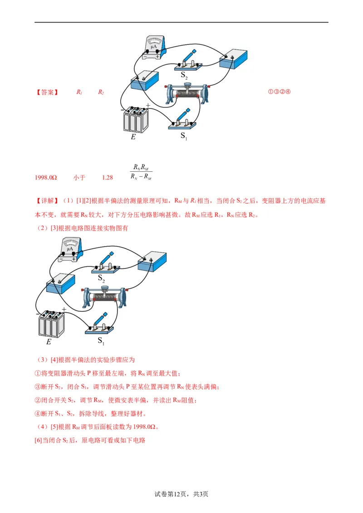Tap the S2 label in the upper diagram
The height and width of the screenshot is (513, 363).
click(x=184, y=76)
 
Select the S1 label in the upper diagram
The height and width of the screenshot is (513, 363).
click(x=184, y=136)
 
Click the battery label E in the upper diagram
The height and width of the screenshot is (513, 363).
click(x=133, y=136)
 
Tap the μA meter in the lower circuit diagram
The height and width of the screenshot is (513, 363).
click(x=70, y=249)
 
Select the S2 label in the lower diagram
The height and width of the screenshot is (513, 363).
click(x=101, y=278)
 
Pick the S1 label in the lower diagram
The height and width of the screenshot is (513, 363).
click(x=101, y=340)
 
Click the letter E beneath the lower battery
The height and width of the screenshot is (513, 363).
click(x=49, y=342)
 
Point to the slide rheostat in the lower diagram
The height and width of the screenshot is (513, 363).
click(x=104, y=297)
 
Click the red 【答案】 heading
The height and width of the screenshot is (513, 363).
click(x=47, y=92)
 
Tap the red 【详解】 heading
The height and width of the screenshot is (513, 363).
click(x=47, y=201)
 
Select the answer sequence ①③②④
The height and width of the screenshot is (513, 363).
click(x=279, y=92)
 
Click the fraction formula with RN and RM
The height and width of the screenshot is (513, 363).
click(x=141, y=172)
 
